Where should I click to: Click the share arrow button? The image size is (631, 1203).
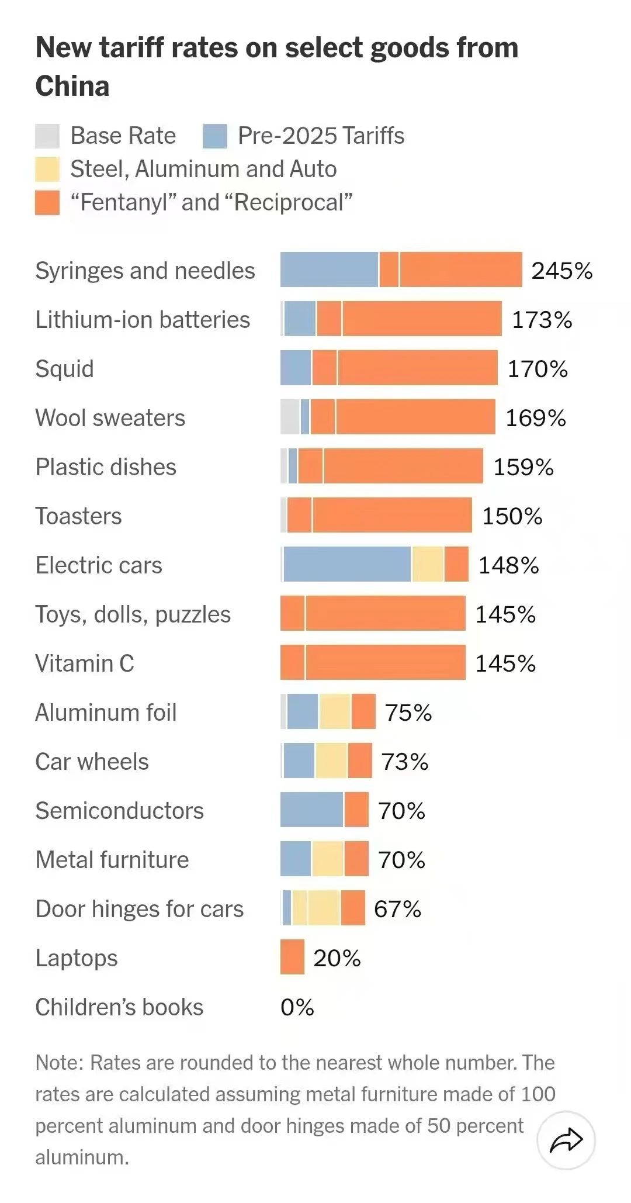(566, 1140)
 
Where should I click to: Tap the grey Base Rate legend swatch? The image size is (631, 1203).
(47, 136)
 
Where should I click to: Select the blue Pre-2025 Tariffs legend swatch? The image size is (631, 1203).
(214, 136)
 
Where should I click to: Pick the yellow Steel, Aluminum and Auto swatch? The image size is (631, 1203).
(47, 169)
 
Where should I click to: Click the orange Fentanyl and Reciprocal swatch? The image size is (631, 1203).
(47, 202)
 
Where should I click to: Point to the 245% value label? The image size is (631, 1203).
(561, 271)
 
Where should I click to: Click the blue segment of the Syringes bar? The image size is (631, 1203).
(329, 269)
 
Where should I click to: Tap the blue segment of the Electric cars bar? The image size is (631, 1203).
(347, 564)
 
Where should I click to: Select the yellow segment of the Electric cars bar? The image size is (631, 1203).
(428, 564)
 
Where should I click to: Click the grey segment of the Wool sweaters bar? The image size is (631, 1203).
(290, 417)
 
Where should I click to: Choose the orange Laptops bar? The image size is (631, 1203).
(292, 957)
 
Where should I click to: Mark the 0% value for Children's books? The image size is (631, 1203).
(297, 1007)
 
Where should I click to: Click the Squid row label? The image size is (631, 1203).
(64, 369)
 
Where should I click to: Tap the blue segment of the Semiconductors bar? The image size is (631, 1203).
(311, 810)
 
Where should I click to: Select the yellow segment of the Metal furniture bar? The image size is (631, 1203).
(328, 859)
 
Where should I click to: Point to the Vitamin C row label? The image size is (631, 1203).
(85, 663)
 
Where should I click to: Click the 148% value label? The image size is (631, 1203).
(508, 565)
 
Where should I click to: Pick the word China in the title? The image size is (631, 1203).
(72, 86)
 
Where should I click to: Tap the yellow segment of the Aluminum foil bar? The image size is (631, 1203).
(334, 711)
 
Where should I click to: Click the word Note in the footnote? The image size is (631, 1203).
(58, 1062)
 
